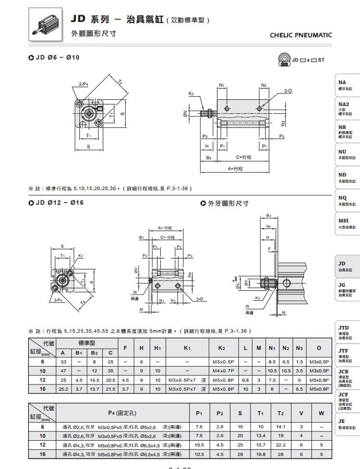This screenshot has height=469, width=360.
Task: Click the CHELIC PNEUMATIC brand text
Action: pyautogui.click(x=301, y=35)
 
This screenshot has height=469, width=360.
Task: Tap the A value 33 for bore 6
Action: pyautogui.click(x=63, y=361)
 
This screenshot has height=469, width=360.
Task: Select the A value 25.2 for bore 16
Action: pyautogui.click(x=63, y=389)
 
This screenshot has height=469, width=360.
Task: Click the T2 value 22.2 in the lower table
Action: pyautogui.click(x=281, y=444)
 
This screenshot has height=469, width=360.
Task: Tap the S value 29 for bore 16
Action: pyautogui.click(x=240, y=454)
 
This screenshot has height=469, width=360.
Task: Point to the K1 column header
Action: pyautogui.click(x=187, y=347)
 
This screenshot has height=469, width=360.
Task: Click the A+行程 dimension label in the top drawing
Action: pyautogui.click(x=235, y=169)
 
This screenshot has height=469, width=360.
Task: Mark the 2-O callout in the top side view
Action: pyautogui.click(x=288, y=91)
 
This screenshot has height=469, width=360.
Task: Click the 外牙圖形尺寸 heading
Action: pyautogui.click(x=229, y=204)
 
